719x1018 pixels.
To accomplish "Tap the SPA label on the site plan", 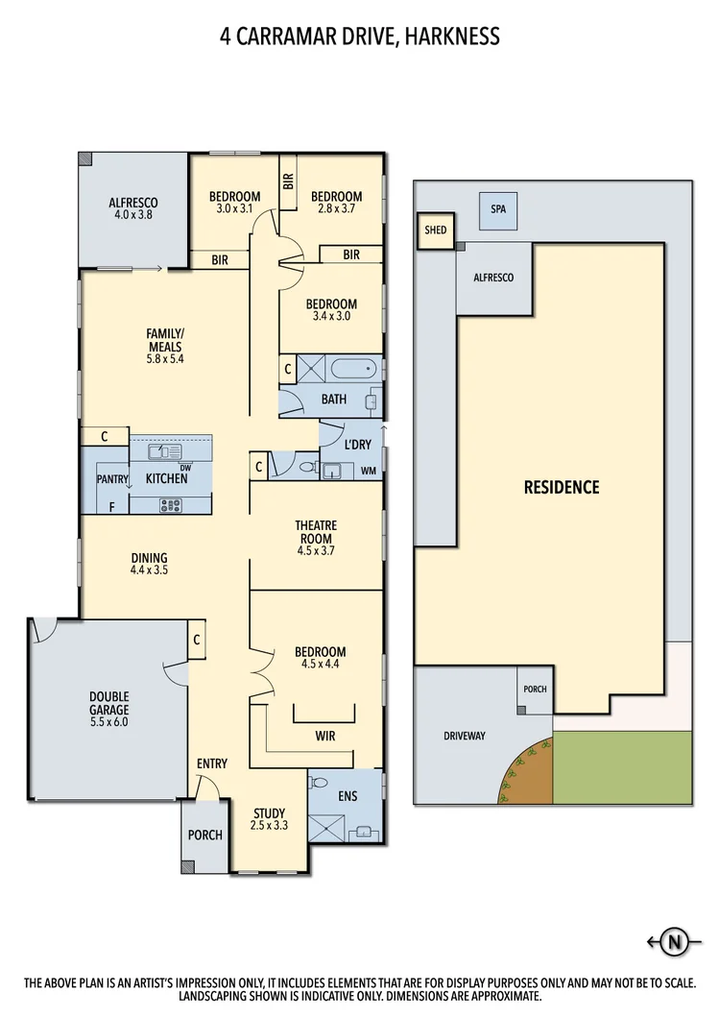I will tap(497, 208).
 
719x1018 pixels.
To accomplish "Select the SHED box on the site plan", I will tap(435, 230).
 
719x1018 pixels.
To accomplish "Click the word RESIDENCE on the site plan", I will tap(561, 487).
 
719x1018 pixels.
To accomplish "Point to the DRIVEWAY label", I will tap(465, 736).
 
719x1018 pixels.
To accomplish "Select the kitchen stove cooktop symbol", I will tap(171, 504).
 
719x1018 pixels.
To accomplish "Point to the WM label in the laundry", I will tap(369, 471).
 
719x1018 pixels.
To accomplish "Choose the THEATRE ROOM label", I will tap(315, 531).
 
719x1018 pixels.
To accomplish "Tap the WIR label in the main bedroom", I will tap(324, 736).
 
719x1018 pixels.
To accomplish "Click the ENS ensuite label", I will tap(347, 796).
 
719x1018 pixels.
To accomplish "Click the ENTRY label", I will tap(211, 763).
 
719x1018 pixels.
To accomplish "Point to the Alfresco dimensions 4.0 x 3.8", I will tap(132, 216).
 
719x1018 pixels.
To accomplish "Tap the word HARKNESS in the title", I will tap(451, 36).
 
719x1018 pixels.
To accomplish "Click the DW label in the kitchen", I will tap(199, 468).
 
